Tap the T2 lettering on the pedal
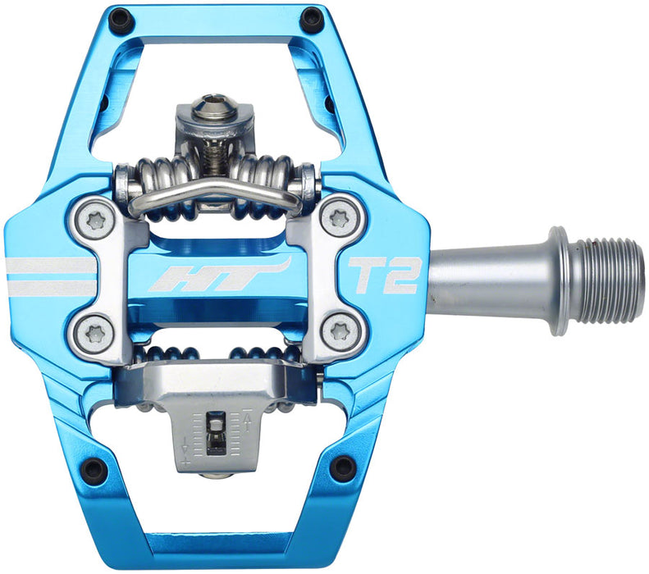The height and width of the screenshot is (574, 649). [x=385, y=276]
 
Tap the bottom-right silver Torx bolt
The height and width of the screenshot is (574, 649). [x=338, y=331]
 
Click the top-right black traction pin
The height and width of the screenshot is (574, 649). [x=311, y=18]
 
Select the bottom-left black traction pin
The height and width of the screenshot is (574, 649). [x=94, y=470]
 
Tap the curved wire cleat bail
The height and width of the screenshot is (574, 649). [x=213, y=195]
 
